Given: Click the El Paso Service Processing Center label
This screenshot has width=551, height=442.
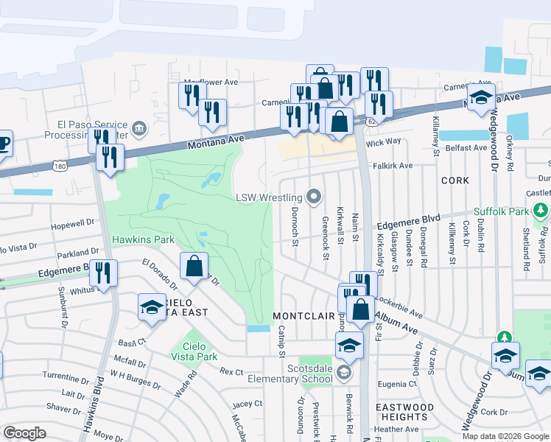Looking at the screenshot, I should pyautogui.click(x=86, y=130).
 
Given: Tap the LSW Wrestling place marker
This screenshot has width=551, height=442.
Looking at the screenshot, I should pyautogui.click(x=315, y=197).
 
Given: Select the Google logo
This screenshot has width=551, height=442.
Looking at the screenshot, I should pyautogui.click(x=24, y=433).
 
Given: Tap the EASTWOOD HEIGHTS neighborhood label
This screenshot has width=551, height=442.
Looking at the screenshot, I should pyautogui.click(x=404, y=412).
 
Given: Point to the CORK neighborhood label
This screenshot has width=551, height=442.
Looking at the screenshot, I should pyautogui.click(x=455, y=180).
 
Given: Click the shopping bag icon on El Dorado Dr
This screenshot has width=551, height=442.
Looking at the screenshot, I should pyautogui.click(x=194, y=267).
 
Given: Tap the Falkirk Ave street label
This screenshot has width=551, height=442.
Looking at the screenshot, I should pyautogui.click(x=393, y=166).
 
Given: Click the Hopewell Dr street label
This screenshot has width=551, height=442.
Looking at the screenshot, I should pyautogui.click(x=74, y=221).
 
